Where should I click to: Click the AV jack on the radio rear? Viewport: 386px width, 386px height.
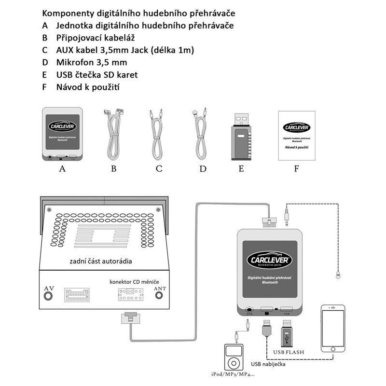[x=48, y=296]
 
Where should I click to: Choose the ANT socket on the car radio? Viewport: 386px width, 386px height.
[x=159, y=296]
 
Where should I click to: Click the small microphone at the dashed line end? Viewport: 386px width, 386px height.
[x=337, y=276]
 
